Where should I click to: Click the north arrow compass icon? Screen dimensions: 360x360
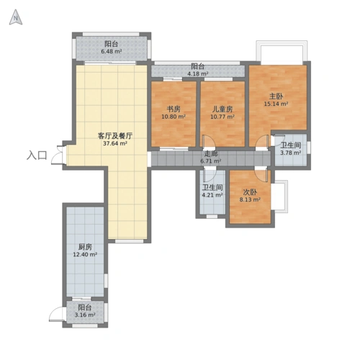point(16,17)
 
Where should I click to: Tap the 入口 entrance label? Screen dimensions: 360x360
point(37,156)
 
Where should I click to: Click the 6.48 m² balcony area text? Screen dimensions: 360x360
point(112,51)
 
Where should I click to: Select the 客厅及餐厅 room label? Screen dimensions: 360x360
point(115,136)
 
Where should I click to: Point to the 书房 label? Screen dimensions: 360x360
point(174,109)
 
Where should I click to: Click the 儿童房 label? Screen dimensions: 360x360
point(222,109)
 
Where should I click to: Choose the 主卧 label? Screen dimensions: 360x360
point(276,96)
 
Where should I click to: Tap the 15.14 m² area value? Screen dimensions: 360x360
point(276,104)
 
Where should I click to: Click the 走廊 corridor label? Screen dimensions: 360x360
point(211,153)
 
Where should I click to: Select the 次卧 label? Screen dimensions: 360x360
point(250,192)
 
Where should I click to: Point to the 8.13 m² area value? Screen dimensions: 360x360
point(250,199)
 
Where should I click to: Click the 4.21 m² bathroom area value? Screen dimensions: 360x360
point(212,195)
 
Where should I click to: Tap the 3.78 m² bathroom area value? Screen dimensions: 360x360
point(291,153)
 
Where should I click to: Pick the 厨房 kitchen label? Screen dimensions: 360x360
point(85,247)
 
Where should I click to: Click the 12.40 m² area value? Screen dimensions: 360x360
point(85,254)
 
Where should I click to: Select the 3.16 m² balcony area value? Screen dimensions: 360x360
point(85,315)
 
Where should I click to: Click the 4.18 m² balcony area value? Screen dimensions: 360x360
point(198,73)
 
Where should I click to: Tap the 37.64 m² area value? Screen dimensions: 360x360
point(115,143)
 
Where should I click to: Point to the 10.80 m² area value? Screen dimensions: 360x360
point(174,117)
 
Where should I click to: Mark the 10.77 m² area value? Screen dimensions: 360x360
point(222,117)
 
